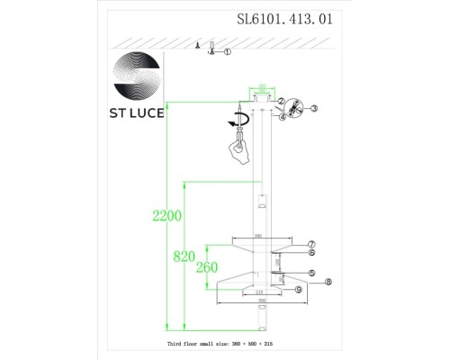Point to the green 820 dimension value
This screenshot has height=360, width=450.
(x=184, y=256)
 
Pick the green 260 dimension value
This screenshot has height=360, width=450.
(x=207, y=266)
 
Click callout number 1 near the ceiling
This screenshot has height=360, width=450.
(x=228, y=52)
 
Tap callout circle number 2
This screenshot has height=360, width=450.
(x=281, y=102)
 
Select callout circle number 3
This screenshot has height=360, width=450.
(x=315, y=108)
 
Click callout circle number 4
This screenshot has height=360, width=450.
(x=282, y=117)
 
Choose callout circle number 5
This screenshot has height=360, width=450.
(x=311, y=273)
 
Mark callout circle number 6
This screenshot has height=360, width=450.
(x=311, y=253)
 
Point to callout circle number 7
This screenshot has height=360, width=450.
(x=311, y=244)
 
